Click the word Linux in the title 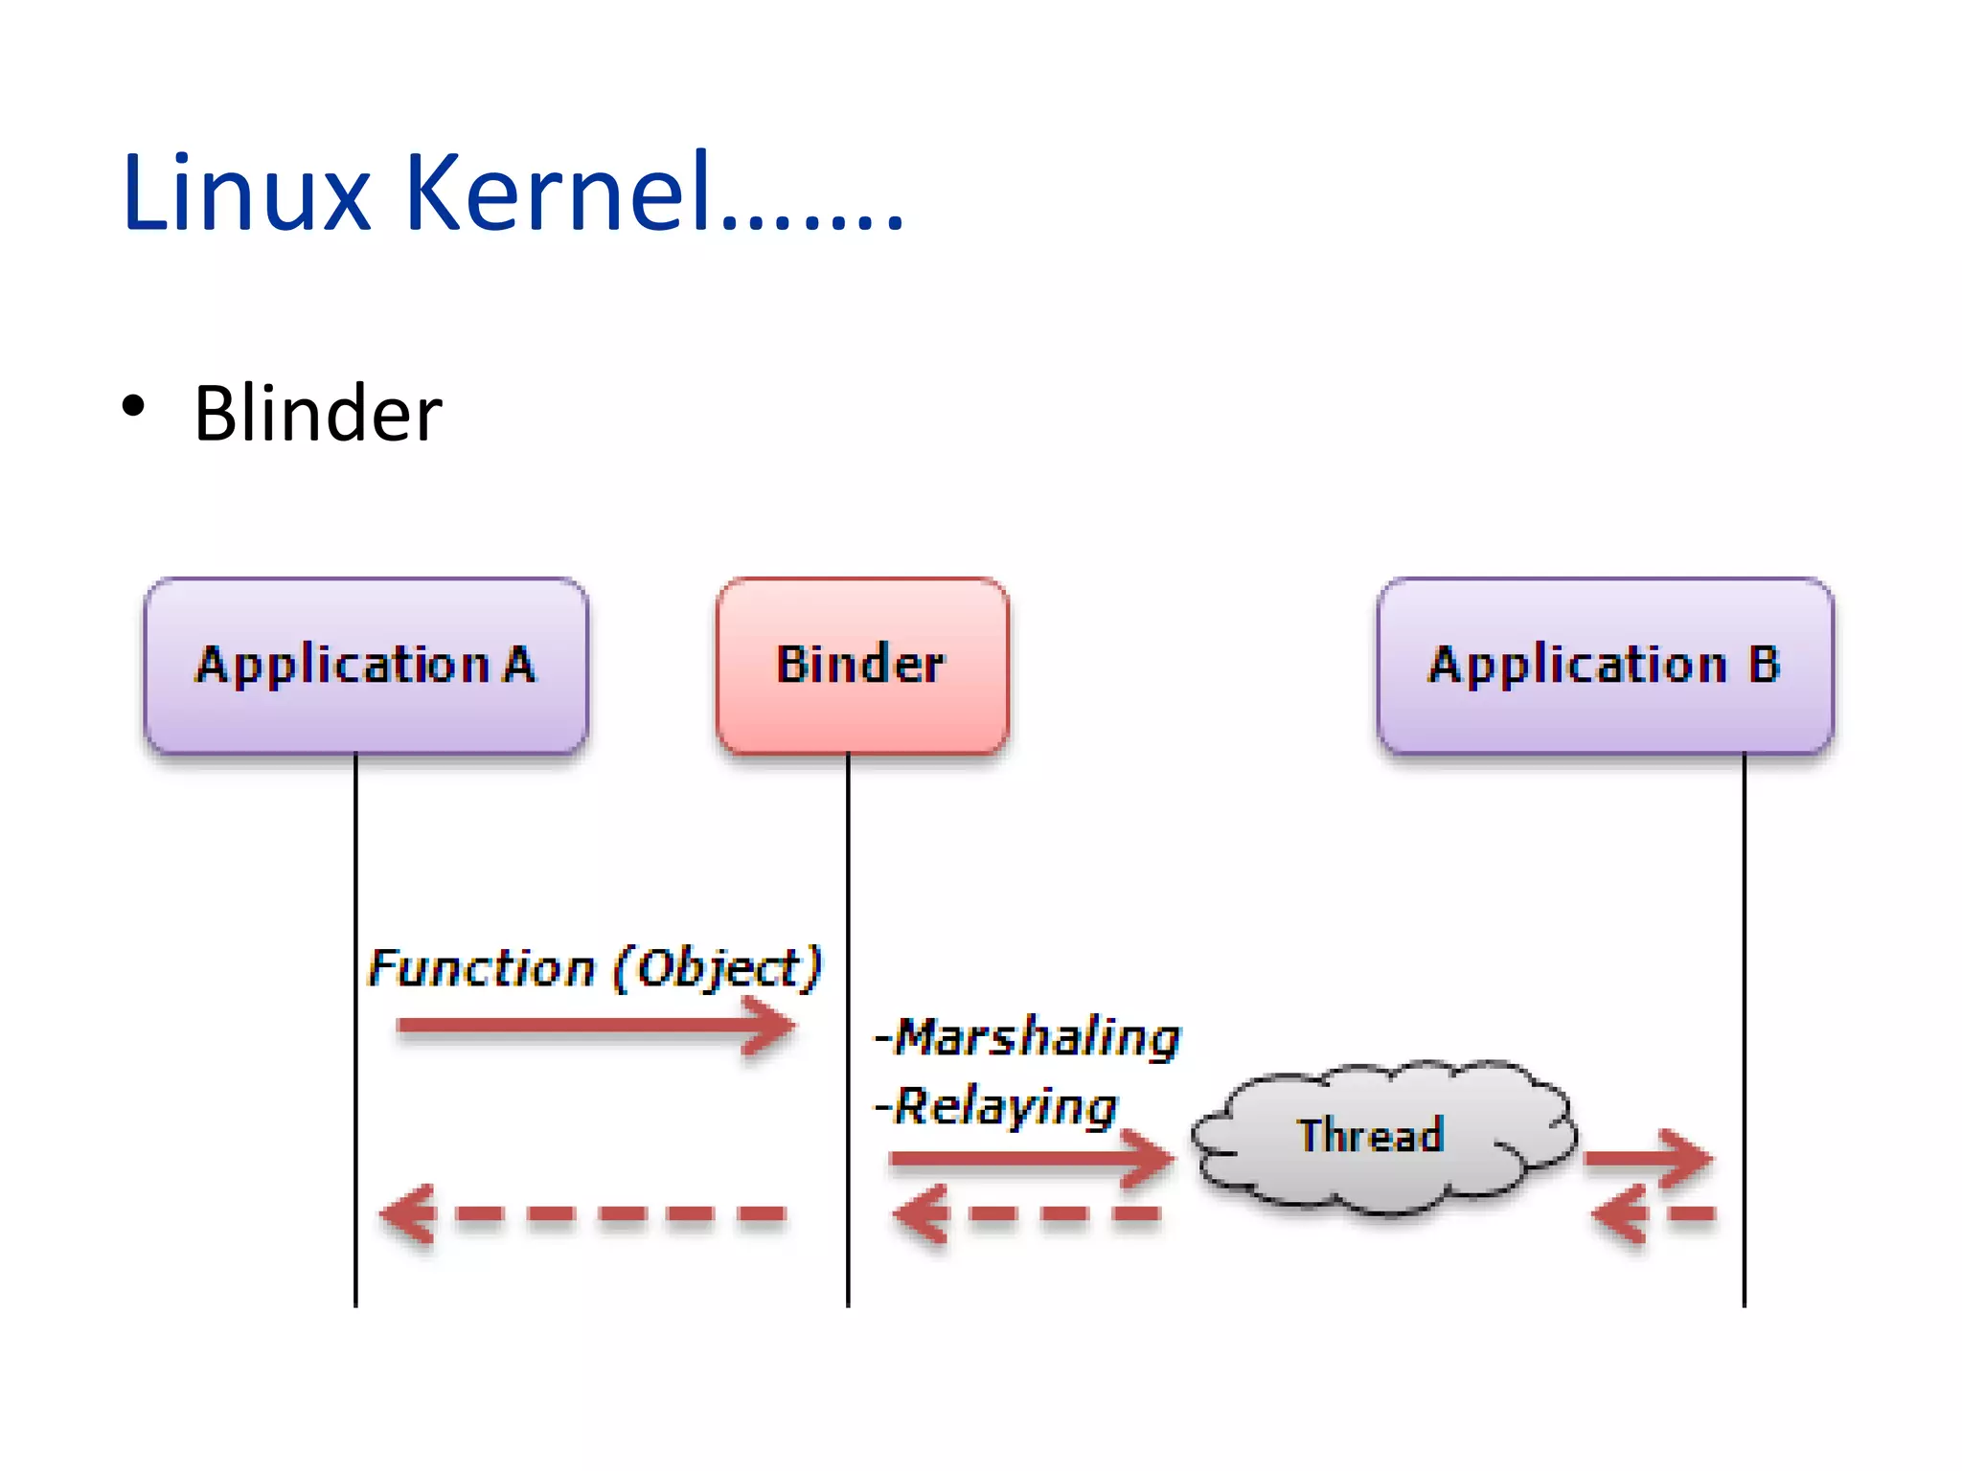tap(245, 193)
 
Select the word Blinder tap(317, 414)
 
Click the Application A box tap(366, 665)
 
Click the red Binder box tap(861, 665)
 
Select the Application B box tap(1605, 665)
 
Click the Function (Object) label tap(595, 967)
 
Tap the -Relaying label tap(996, 1107)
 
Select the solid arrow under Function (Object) tap(594, 1027)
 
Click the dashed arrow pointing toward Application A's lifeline tap(584, 1214)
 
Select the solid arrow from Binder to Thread tap(1030, 1159)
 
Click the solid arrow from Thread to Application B tap(1648, 1158)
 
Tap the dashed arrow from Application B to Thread tap(1653, 1214)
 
